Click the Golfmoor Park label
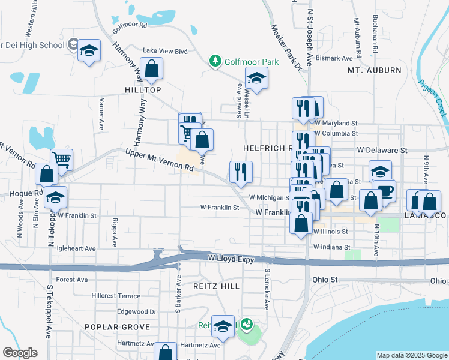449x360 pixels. coord(252,61)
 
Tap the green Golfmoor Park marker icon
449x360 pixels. coord(215,61)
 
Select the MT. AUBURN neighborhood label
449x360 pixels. coord(374,70)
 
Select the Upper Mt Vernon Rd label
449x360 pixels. coord(160,161)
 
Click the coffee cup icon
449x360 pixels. coord(384,190)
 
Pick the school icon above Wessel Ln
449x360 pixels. coord(256,77)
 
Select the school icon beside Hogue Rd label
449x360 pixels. coord(55,197)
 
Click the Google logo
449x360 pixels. coord(20,353)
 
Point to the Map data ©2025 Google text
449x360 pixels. coord(411,355)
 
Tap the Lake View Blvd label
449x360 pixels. coord(165,51)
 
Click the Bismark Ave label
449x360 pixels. coord(334,58)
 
